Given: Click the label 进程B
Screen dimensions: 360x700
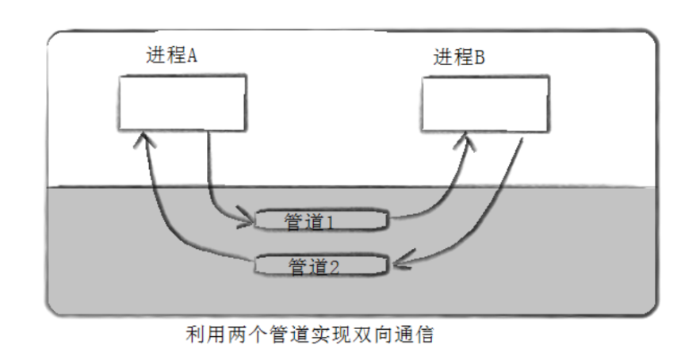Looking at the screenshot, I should click(x=459, y=57).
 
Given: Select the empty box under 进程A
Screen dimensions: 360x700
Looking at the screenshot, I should click(x=182, y=103).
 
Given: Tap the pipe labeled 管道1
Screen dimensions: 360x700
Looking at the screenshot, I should click(x=322, y=220).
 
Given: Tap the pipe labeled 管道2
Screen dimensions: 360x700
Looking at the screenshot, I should click(x=322, y=266).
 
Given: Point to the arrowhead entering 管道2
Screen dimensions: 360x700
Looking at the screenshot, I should click(x=398, y=261).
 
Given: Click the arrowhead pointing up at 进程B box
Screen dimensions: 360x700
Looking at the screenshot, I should click(x=469, y=142).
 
